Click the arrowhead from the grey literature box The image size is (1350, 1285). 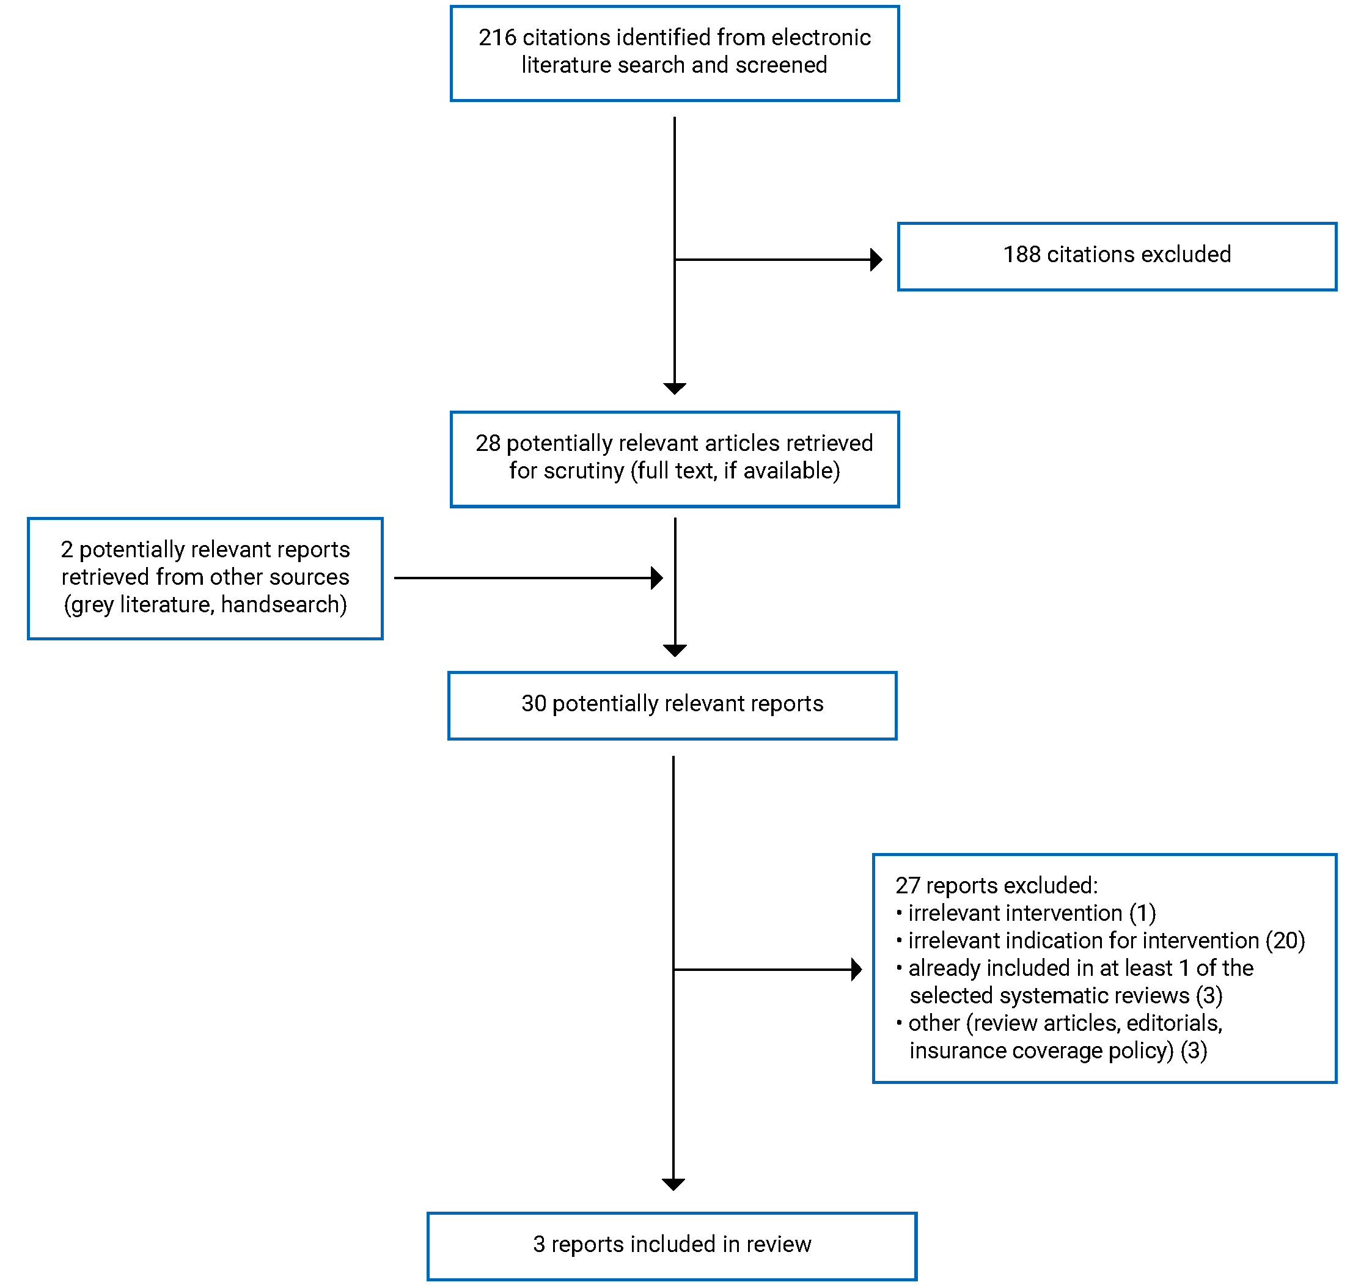tap(656, 578)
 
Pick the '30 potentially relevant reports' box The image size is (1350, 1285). tap(671, 705)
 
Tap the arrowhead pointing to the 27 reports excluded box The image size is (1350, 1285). tap(856, 969)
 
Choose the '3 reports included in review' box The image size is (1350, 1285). tap(671, 1245)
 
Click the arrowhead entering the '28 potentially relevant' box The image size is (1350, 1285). tap(674, 389)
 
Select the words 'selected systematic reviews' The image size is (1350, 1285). tap(1049, 995)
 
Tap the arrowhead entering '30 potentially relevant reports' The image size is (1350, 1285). tap(675, 650)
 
